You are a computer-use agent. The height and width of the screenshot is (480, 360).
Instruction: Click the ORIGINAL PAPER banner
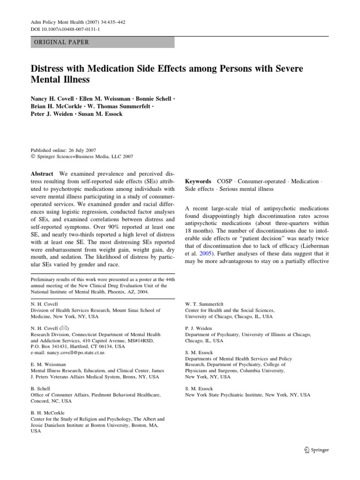tap(103, 42)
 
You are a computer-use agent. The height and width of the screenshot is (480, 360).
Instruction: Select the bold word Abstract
tap(42, 173)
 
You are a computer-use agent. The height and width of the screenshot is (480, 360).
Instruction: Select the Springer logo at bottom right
tap(317, 450)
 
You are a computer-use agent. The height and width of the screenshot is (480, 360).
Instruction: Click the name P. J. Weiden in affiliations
tap(199, 329)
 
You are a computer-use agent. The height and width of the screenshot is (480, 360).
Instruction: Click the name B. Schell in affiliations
tap(40, 389)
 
